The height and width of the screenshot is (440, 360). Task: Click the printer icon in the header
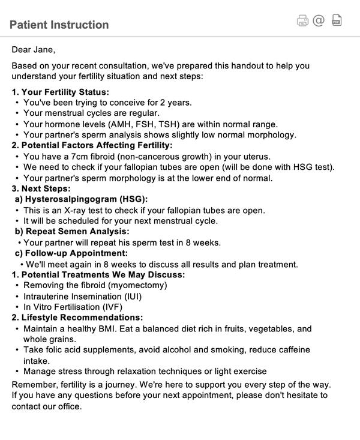pos(302,21)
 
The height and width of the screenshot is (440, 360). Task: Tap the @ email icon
pos(319,20)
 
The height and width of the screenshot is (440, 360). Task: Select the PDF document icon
pos(337,20)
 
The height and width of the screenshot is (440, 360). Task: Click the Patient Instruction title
pos(59,25)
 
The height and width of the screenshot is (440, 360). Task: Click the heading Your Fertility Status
pos(65,92)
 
